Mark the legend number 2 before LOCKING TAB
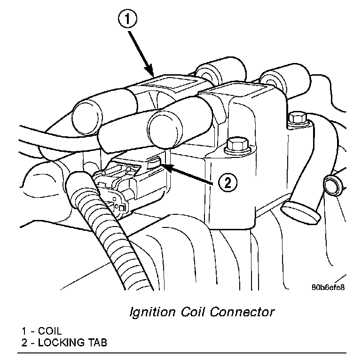[x=24, y=342]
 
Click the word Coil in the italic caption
[x=195, y=312]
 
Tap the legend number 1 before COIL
[x=24, y=330]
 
